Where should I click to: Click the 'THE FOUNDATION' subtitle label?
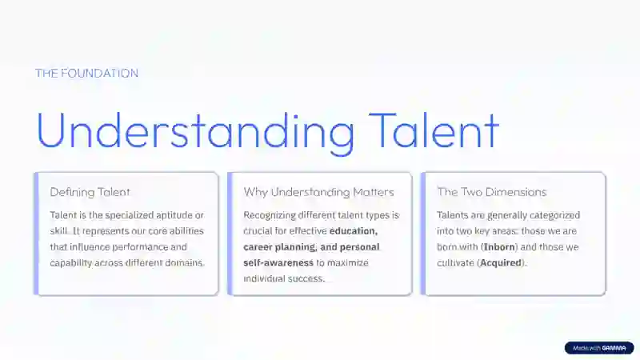[x=86, y=73]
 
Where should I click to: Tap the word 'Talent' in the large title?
[x=434, y=130]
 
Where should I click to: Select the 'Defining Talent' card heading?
[x=90, y=192]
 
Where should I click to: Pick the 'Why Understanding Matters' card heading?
[x=318, y=192]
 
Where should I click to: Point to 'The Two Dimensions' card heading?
[x=492, y=192]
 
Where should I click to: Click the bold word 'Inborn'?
[x=499, y=247]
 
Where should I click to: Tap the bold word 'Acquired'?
[x=501, y=263]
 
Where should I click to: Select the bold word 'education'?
[x=354, y=231]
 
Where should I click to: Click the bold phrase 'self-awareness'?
[x=278, y=263]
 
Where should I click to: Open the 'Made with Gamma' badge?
[x=599, y=348]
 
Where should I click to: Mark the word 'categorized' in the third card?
[x=554, y=215]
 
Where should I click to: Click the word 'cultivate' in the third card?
[x=455, y=263]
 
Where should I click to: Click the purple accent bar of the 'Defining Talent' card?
[x=36, y=234]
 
